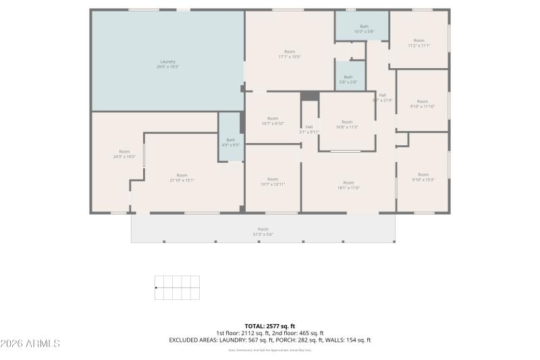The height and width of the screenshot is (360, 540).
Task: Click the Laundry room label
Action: pos(167,64)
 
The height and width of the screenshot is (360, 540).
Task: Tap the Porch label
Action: pos(263,232)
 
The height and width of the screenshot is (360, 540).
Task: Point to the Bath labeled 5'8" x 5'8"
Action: pos(348,79)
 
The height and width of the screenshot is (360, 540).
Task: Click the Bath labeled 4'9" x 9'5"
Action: pos(230,142)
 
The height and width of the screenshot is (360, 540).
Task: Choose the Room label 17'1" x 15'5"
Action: pos(290,54)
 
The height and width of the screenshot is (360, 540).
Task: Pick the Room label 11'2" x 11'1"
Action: pos(418,43)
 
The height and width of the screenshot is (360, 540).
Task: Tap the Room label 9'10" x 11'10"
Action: pos(422,104)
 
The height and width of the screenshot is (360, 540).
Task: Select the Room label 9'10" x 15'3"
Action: pos(423,177)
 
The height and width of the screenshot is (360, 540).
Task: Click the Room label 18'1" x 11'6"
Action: pos(348,185)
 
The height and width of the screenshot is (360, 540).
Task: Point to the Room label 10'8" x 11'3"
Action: pos(347,124)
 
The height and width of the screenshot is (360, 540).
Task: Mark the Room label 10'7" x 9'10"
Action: pos(273,121)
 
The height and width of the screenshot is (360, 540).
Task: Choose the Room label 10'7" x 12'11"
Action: pos(273,182)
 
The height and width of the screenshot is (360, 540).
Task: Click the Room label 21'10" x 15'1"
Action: pos(182,178)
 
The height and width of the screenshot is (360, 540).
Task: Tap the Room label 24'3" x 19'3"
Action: pos(124,154)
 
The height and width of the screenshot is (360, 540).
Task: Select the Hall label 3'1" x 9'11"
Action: pos(309,129)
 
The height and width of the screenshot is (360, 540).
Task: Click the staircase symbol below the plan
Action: pos(177,288)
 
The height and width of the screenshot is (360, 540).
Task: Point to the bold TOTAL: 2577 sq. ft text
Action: pos(270,326)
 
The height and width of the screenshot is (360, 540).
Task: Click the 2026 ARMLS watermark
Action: pos(30,344)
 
